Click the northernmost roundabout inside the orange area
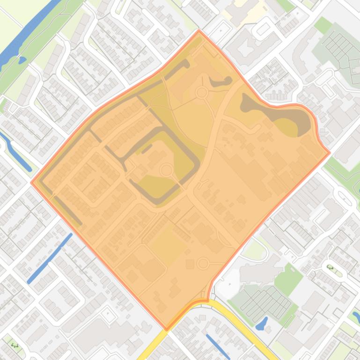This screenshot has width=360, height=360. click(202, 93)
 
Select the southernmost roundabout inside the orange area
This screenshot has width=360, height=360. click(203, 264)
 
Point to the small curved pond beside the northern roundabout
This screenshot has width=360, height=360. click(220, 82)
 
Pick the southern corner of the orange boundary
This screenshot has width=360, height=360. click(167, 329)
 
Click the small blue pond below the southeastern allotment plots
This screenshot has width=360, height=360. click(262, 323)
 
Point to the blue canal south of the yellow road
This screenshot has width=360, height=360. click(218, 346)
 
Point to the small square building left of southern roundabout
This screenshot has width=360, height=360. click(190, 265)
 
